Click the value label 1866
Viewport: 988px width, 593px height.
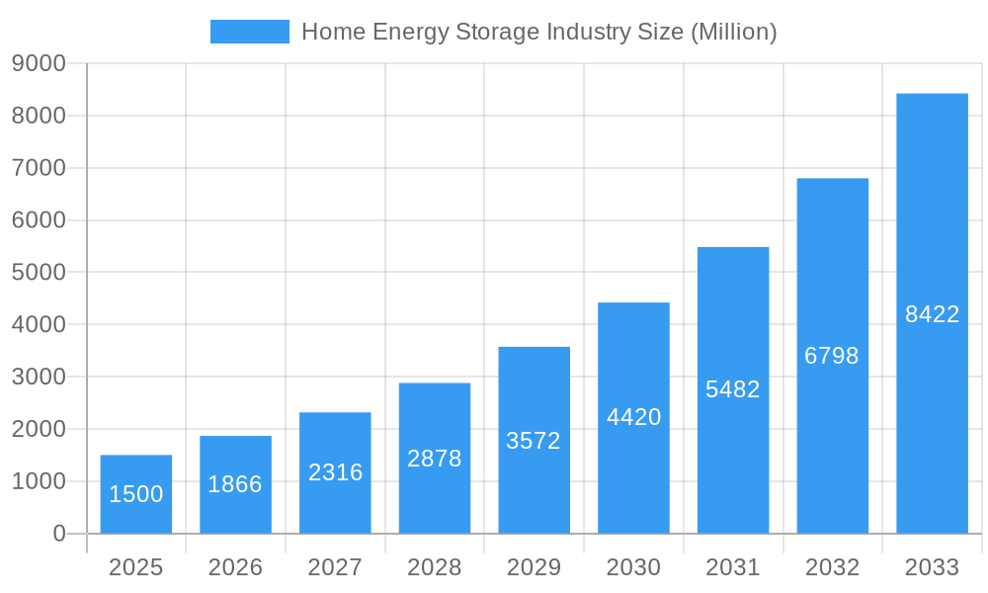(x=235, y=484)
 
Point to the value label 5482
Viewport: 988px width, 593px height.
(x=733, y=389)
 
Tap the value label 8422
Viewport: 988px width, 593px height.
(x=932, y=314)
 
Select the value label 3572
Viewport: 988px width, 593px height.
(x=534, y=441)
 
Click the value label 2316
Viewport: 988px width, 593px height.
(x=335, y=472)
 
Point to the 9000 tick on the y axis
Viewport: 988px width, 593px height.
(x=39, y=63)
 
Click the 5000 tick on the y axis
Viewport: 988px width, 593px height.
(x=39, y=272)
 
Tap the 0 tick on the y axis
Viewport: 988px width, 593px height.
(x=59, y=534)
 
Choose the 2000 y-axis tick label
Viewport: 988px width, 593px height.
(x=39, y=429)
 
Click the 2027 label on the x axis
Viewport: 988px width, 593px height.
(x=335, y=567)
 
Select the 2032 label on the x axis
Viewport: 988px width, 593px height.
(x=832, y=567)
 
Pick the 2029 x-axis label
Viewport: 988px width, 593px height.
(x=534, y=567)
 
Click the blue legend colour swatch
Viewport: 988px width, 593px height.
(x=249, y=32)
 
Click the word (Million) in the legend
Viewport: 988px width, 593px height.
(x=733, y=32)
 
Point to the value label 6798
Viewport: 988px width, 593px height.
(x=832, y=356)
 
